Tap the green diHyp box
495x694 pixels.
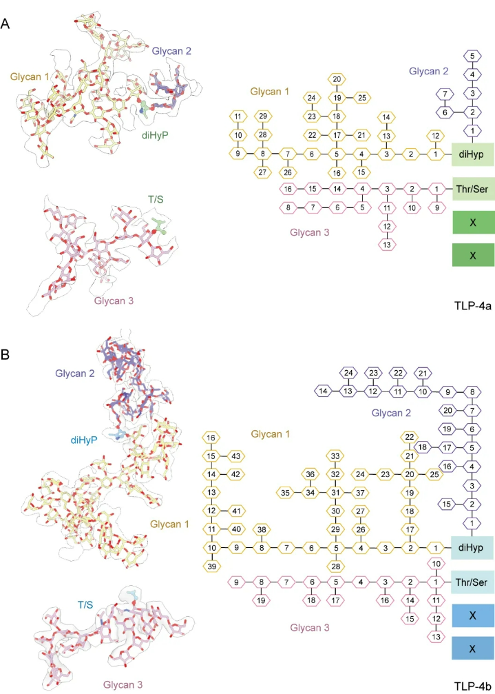pos(474,154)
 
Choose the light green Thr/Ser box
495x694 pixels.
pos(474,188)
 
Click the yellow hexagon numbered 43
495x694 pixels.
pos(234,456)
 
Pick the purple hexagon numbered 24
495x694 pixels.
pos(348,374)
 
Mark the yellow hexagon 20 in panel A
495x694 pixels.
pos(336,79)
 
